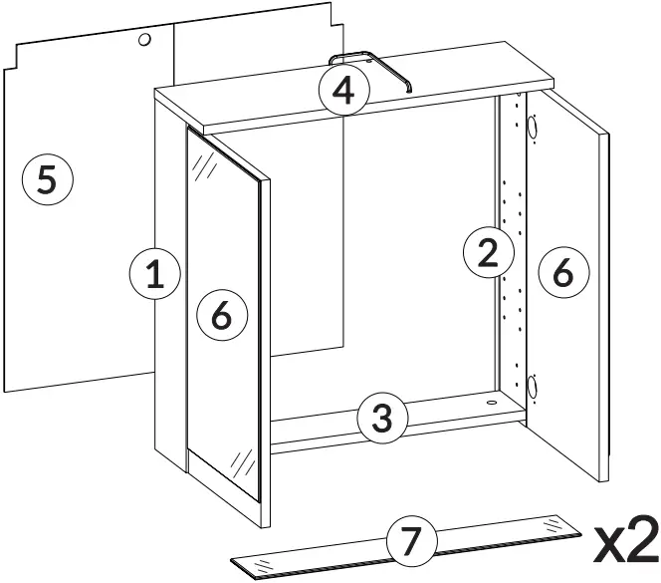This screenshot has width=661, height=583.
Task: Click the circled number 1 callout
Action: tap(154, 273)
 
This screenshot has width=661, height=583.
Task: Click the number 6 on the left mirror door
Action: tap(221, 317)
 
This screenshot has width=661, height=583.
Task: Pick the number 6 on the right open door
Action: tap(563, 271)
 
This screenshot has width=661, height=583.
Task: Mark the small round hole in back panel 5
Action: tap(144, 41)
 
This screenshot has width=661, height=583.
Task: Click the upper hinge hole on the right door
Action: tap(532, 129)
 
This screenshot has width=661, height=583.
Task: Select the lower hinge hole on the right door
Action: tap(532, 385)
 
